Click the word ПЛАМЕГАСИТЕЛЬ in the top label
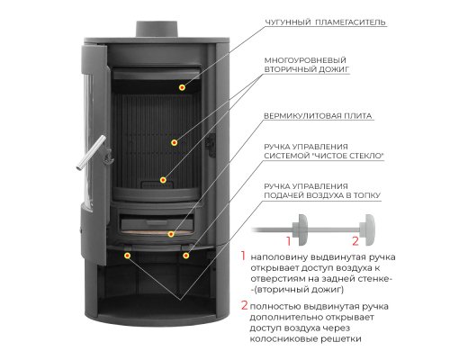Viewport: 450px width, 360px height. coord(350,22)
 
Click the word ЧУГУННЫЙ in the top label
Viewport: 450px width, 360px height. coord(288,22)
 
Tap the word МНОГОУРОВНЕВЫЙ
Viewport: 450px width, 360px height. coord(305,60)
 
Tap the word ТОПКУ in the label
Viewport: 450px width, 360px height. coord(366,195)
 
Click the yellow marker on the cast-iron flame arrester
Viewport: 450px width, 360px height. coord(182,87)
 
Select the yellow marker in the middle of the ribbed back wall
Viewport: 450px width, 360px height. coord(175,142)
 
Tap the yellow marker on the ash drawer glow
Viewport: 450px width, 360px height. coord(171,234)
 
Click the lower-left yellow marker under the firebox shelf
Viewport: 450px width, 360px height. coord(128,256)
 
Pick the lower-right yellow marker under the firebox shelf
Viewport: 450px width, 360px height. coord(186,256)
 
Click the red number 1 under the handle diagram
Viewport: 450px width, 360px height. coord(289,241)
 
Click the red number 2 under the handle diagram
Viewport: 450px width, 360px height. coord(355,241)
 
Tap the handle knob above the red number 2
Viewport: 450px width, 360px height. coord(367,229)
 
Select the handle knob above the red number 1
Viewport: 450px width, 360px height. coord(301,229)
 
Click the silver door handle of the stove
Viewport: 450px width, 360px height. coord(91,153)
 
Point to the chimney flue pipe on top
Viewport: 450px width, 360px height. coord(157,29)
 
